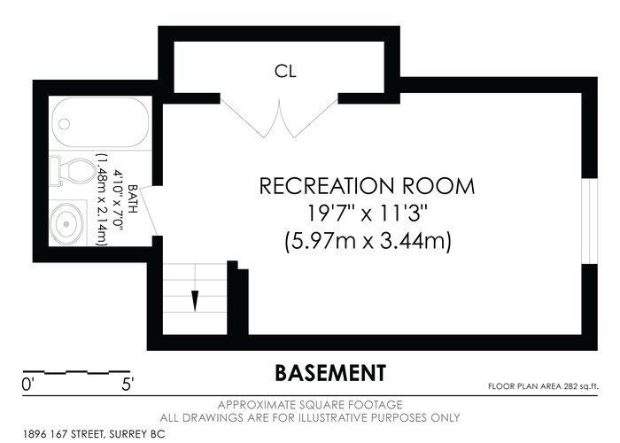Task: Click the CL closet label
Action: click(x=285, y=71)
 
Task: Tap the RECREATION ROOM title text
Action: click(x=367, y=186)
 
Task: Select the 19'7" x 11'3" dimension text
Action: click(x=368, y=214)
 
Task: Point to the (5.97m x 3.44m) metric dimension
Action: click(x=368, y=241)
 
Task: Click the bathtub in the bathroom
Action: click(x=100, y=122)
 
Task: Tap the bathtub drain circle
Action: click(x=64, y=124)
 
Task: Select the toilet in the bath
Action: click(x=72, y=170)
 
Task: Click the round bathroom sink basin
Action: click(x=66, y=224)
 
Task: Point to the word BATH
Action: click(x=133, y=199)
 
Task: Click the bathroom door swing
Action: click(x=148, y=212)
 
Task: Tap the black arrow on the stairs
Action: click(x=195, y=301)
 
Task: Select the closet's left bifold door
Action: click(x=251, y=118)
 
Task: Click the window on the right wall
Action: click(x=589, y=221)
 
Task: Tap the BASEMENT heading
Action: click(x=330, y=373)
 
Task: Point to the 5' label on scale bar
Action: click(x=128, y=385)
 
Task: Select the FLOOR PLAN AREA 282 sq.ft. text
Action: click(x=543, y=386)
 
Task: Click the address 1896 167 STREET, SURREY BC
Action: click(x=94, y=434)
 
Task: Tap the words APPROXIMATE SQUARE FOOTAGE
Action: click(x=310, y=405)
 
